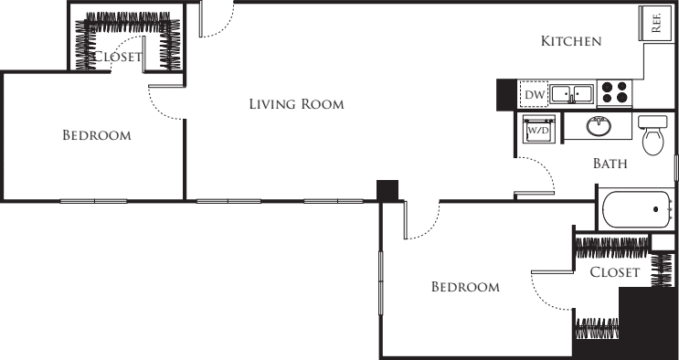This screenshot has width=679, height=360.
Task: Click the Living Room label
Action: click(x=297, y=104)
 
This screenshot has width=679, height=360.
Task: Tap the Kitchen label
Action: click(x=571, y=41)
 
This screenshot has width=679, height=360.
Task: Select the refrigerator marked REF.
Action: click(x=655, y=24)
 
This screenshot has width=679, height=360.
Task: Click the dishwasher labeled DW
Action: click(x=534, y=94)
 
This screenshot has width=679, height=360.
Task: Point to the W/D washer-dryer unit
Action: click(x=538, y=129)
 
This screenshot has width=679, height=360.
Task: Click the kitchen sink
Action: click(x=571, y=93)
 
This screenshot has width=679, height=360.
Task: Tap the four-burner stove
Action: click(x=614, y=92)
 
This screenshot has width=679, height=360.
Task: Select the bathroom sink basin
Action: click(x=599, y=125)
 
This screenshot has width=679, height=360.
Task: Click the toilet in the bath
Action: click(x=653, y=134)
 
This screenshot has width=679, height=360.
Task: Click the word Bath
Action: click(x=610, y=164)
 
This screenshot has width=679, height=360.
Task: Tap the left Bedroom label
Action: click(x=97, y=135)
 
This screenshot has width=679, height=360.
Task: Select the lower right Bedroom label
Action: click(x=465, y=287)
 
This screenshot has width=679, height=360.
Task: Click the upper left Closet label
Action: click(x=117, y=57)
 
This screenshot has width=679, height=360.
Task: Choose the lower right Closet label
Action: click(x=615, y=272)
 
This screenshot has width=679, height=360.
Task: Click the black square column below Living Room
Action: click(x=387, y=191)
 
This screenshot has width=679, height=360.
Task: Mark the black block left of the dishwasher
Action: click(x=506, y=95)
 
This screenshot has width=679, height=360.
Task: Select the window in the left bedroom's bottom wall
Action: click(x=93, y=201)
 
